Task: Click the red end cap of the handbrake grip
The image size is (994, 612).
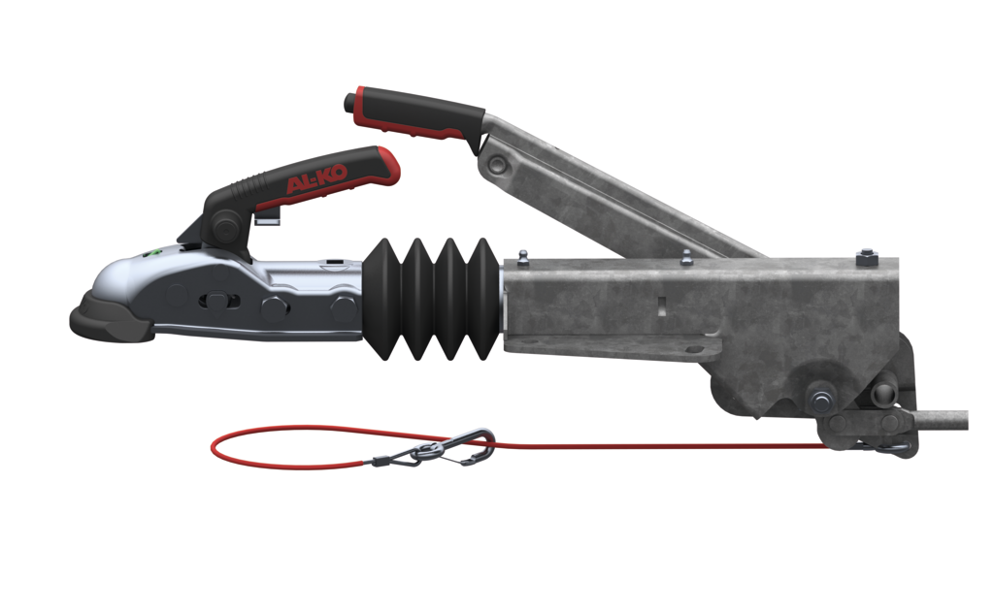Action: click(357, 100)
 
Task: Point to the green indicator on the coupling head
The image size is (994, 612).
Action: click(149, 254)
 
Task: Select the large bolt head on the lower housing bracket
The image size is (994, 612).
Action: click(822, 399)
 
